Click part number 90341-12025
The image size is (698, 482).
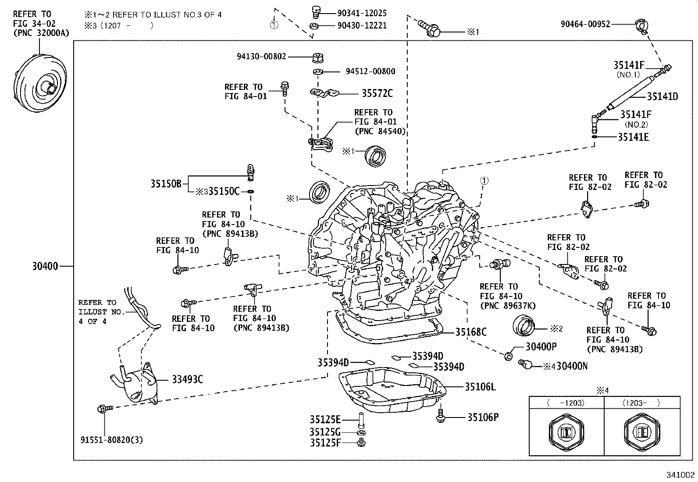click(x=362, y=14)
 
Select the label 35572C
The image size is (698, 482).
click(x=377, y=93)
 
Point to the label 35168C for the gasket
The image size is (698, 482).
click(x=470, y=332)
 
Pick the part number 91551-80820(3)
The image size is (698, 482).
click(x=112, y=440)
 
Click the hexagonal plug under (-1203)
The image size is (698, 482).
click(x=567, y=432)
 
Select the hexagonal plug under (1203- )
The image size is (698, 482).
click(x=642, y=432)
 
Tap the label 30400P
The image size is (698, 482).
click(x=541, y=347)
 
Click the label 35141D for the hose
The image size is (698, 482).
click(x=662, y=96)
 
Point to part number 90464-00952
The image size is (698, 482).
click(x=585, y=25)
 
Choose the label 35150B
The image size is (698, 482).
click(x=166, y=184)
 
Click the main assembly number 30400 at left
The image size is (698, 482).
click(x=45, y=266)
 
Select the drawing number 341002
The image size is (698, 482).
click(x=681, y=475)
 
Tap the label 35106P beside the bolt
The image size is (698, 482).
click(x=483, y=417)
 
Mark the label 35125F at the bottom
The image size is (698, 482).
click(x=325, y=443)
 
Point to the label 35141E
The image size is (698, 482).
click(x=633, y=137)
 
